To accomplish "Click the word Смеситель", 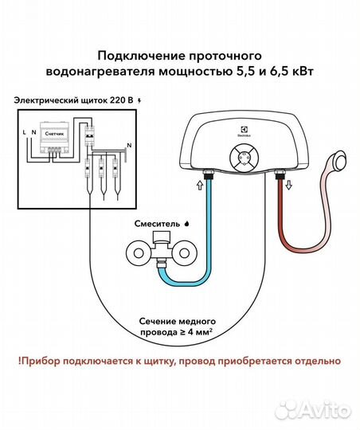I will point(153,225).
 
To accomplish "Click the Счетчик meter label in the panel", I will point(54,136).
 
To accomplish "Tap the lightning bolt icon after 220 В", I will point(141,101).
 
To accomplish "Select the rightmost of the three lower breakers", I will point(116,169).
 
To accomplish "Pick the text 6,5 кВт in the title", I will point(292,71).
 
